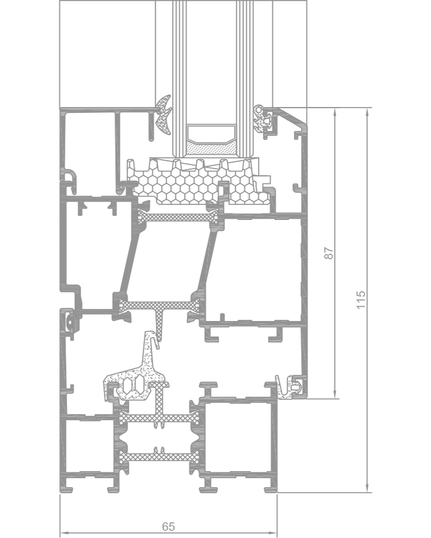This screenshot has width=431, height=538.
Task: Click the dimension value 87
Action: pyautogui.click(x=329, y=253)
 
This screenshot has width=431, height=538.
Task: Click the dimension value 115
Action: pyautogui.click(x=360, y=299)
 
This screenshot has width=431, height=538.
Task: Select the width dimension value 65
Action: pyautogui.click(x=168, y=526)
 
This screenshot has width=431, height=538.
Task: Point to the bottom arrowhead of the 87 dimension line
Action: pyautogui.click(x=335, y=395)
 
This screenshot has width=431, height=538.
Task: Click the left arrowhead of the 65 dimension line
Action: pyautogui.click(x=64, y=533)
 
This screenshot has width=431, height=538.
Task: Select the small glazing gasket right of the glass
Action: pyautogui.click(x=262, y=118)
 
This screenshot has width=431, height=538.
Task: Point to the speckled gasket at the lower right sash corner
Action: pyautogui.click(x=290, y=388)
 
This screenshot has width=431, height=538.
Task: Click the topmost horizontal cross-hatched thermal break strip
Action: pyautogui.click(x=179, y=218)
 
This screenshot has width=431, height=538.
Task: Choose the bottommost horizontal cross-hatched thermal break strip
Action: pyautogui.click(x=160, y=457)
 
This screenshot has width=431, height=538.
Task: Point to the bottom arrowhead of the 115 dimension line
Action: pyautogui.click(x=368, y=488)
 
